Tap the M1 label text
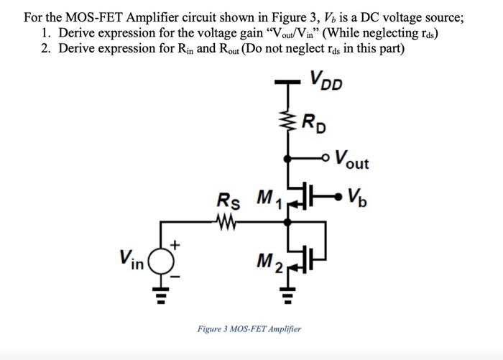pos(269,195)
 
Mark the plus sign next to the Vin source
pos(172,245)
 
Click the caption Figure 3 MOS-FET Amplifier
pos(249,328)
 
